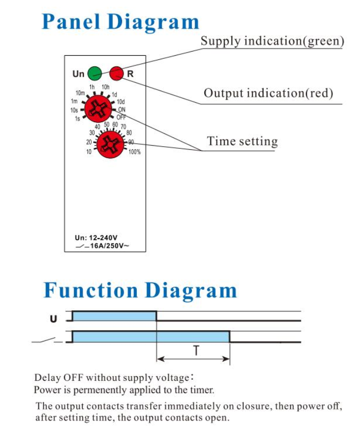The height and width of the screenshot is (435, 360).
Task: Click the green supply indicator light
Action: click(x=95, y=74)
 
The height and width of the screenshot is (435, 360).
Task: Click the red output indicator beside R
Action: click(x=116, y=74)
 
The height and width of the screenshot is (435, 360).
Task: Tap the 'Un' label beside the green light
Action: click(x=78, y=74)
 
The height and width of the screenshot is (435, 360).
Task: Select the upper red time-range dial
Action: click(x=98, y=108)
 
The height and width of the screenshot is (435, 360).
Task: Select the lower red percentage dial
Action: click(x=110, y=145)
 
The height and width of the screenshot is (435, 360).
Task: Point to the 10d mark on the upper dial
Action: click(x=121, y=102)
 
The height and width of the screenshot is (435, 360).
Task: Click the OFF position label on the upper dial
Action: click(x=121, y=117)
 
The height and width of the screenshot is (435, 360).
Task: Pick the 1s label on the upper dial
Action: click(x=77, y=119)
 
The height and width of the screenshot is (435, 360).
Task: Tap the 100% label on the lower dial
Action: click(x=134, y=152)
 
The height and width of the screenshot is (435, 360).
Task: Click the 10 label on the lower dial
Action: click(x=89, y=152)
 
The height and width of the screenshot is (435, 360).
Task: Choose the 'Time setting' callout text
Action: click(x=242, y=141)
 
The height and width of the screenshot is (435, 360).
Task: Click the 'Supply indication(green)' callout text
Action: click(x=272, y=41)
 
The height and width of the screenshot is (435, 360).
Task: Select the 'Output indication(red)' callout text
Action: click(x=268, y=93)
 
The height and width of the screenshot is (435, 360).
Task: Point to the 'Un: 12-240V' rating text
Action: click(x=96, y=238)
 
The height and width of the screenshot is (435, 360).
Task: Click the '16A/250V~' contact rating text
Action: click(x=109, y=246)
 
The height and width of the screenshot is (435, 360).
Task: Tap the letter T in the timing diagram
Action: click(x=196, y=350)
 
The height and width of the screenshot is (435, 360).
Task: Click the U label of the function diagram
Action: click(x=54, y=319)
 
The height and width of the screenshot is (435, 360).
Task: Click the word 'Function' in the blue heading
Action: click(x=90, y=290)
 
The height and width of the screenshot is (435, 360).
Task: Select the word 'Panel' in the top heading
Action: click(x=70, y=21)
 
